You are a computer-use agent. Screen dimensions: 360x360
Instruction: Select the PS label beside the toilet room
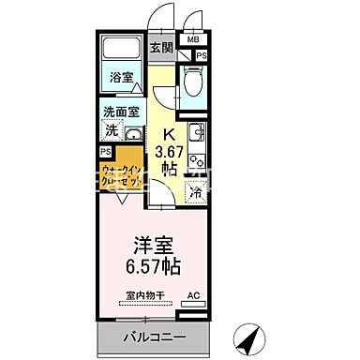(202, 56)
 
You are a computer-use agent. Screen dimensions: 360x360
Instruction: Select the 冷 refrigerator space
(196, 192)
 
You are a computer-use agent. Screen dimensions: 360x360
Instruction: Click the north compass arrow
(246, 332)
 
